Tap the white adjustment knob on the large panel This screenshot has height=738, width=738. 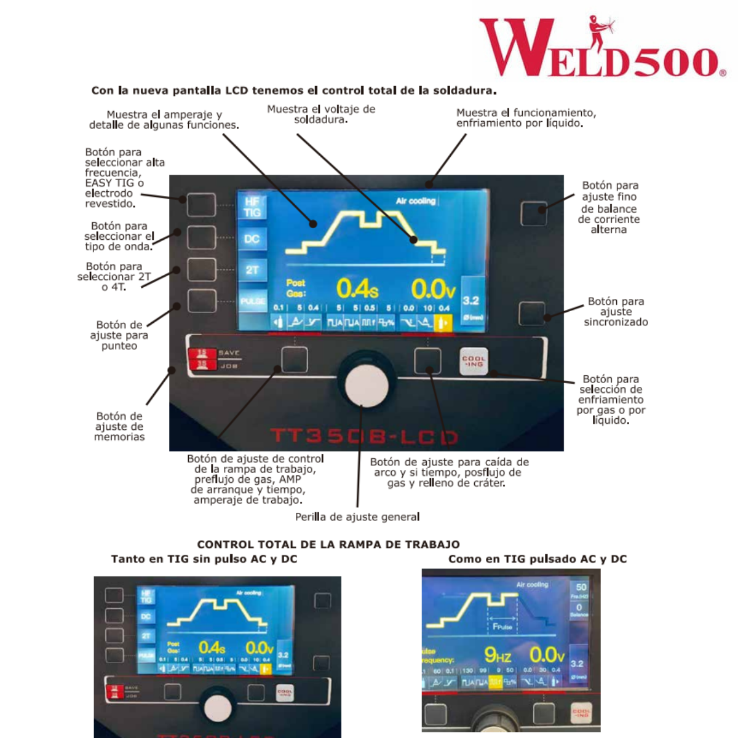click(367, 386)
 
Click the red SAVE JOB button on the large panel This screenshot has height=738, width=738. click(202, 359)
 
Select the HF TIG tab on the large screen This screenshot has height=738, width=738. click(252, 207)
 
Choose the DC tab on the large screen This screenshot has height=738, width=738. click(252, 239)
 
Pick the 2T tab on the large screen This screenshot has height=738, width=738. click(252, 270)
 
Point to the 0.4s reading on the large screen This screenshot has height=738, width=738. click(357, 289)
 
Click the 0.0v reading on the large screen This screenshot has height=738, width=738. click(433, 289)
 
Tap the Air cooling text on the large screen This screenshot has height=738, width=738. click(415, 201)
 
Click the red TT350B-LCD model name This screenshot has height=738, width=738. click(364, 437)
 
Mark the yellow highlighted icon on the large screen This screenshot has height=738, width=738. click(442, 322)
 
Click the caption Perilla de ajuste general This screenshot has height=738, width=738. click(357, 517)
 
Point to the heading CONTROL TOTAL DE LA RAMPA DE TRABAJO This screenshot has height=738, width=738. click(328, 544)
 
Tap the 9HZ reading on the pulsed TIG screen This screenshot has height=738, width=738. click(498, 654)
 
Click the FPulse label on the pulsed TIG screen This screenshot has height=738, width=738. click(502, 627)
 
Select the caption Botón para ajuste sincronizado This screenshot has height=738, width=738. click(616, 311)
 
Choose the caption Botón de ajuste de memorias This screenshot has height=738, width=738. click(119, 426)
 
